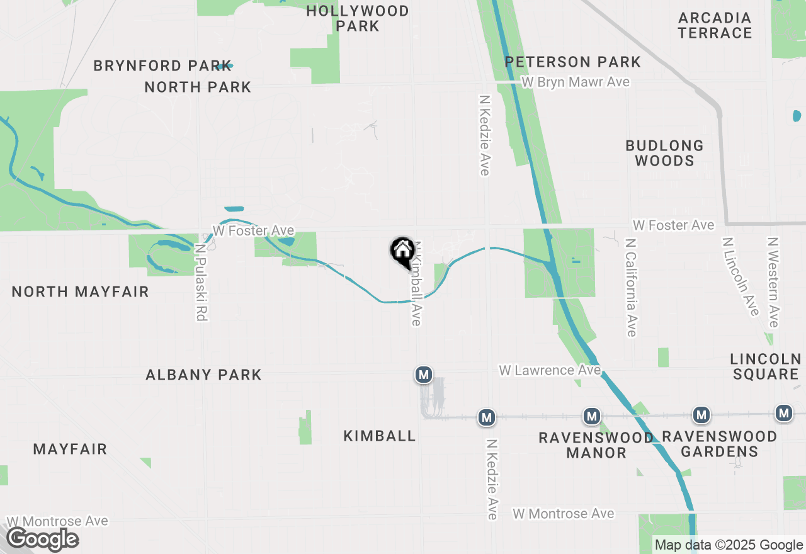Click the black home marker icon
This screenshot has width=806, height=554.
pos(402,251)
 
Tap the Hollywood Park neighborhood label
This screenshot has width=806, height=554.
pos(357,18)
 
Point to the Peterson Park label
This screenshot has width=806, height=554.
pos(573,62)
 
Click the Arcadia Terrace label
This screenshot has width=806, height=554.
pos(715,25)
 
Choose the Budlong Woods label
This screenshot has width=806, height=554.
pos(664,153)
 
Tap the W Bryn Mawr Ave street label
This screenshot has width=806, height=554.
pos(576,82)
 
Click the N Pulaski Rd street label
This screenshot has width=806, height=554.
pos(201,283)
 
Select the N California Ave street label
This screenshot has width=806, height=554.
pos(632,287)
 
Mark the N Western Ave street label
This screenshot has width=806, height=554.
pos(774,282)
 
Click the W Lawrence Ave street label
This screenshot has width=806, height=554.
pos(550,370)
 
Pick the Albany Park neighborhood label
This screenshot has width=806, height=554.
pos(203,375)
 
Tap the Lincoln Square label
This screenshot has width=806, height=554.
pos(764,366)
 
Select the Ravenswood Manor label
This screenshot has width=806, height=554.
pos(596,444)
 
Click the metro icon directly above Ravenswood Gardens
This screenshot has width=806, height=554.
pos(701,414)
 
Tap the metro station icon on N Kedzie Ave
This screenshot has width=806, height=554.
pos(486,417)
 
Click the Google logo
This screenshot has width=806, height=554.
pos(42,539)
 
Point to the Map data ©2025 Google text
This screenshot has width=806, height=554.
pos(729,545)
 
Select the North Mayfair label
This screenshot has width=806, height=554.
pos(81,291)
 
